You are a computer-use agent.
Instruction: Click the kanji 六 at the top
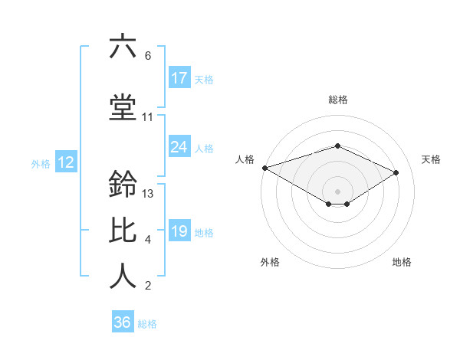point(123,47)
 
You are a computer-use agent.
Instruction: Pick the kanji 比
point(123,231)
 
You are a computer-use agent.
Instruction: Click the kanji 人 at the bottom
point(123,276)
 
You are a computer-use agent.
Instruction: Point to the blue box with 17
point(179,78)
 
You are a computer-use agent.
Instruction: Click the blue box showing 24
point(179,148)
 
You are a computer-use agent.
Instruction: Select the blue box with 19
point(179,231)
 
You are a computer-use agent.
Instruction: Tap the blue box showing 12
point(66,162)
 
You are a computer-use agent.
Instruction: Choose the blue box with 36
point(123,322)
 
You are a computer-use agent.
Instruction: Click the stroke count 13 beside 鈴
point(149,194)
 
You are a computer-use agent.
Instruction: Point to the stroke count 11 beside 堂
point(148,117)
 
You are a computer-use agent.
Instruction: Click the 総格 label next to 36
point(147,324)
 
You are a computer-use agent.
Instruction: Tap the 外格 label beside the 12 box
point(41,163)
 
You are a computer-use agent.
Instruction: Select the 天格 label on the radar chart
point(431,159)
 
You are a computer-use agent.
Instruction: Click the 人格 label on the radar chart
point(245,159)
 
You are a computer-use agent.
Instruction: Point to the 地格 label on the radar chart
point(402,262)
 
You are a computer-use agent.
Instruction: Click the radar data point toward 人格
point(264,167)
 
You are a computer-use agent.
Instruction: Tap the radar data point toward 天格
point(396,172)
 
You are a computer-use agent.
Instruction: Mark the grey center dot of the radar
point(337,191)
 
